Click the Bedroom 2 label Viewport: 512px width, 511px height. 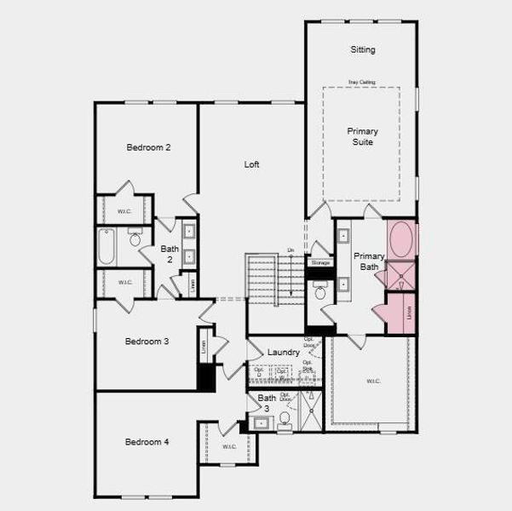(148, 147)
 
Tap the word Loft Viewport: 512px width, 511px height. (251, 164)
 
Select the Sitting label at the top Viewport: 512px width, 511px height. (362, 50)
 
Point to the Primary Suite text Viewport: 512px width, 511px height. (362, 136)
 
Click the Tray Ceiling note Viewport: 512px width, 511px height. (361, 82)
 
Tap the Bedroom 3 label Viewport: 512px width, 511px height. (147, 342)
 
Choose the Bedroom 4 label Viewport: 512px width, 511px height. (147, 442)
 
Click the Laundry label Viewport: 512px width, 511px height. (283, 352)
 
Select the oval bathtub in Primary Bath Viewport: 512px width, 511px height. (401, 239)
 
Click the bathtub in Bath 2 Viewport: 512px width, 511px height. (106, 246)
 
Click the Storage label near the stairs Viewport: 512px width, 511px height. (320, 263)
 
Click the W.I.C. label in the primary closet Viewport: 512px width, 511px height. (373, 381)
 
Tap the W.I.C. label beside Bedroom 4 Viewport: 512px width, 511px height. (228, 446)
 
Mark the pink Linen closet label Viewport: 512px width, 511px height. (409, 313)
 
